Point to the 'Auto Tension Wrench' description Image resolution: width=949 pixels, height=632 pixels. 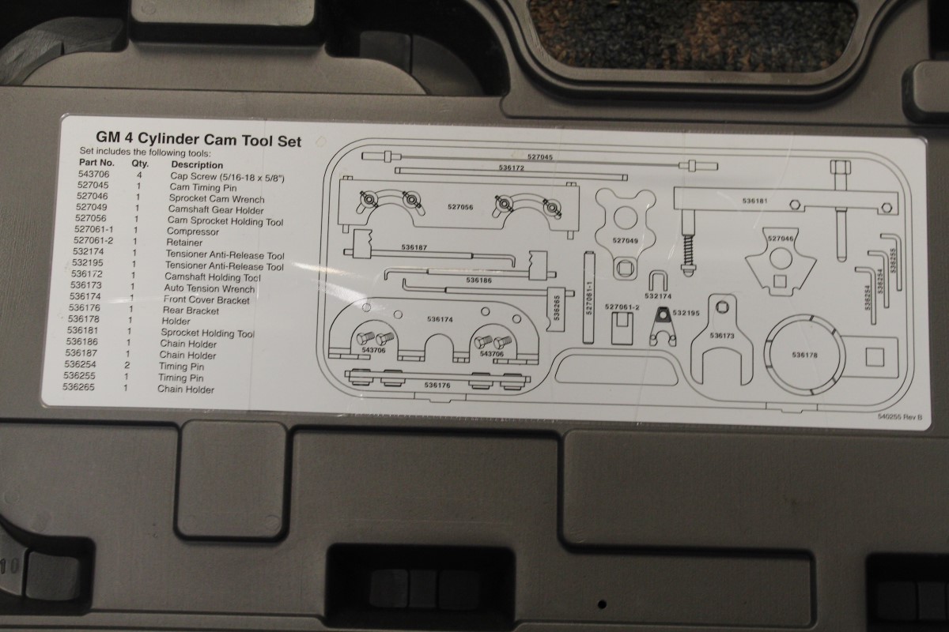pos(204,289)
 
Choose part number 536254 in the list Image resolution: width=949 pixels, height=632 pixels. pos(81,367)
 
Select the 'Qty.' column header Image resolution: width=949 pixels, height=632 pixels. pos(141,165)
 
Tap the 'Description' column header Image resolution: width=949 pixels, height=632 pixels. pos(197,165)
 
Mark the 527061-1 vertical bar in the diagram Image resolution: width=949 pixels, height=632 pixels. pos(589,298)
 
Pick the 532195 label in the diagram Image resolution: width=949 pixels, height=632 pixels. pos(686,314)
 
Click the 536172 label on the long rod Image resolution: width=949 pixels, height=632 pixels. pos(512,168)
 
